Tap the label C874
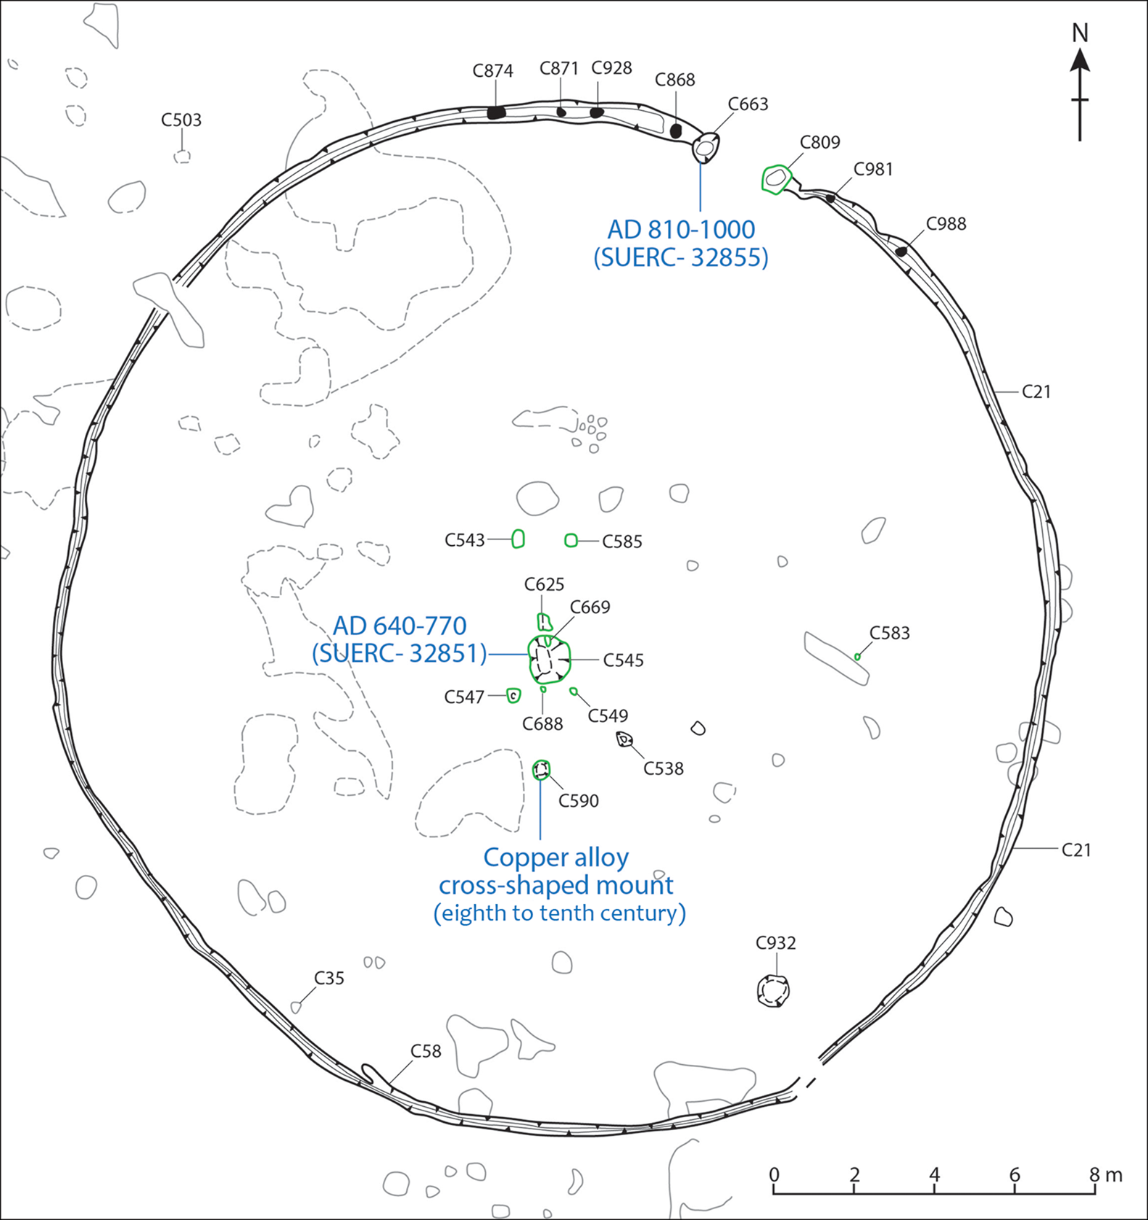point(492,71)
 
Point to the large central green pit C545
point(549,660)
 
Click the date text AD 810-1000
point(681,230)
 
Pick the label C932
point(775,943)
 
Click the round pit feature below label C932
point(773,991)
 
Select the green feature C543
point(518,539)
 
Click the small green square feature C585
point(571,540)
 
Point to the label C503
point(181,120)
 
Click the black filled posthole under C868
point(676,131)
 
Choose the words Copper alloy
point(556,858)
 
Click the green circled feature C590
point(541,769)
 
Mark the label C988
point(946,224)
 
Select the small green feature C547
point(513,696)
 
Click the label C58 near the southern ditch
point(426,1051)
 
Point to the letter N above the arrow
point(1080,33)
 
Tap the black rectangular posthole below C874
point(496,112)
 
